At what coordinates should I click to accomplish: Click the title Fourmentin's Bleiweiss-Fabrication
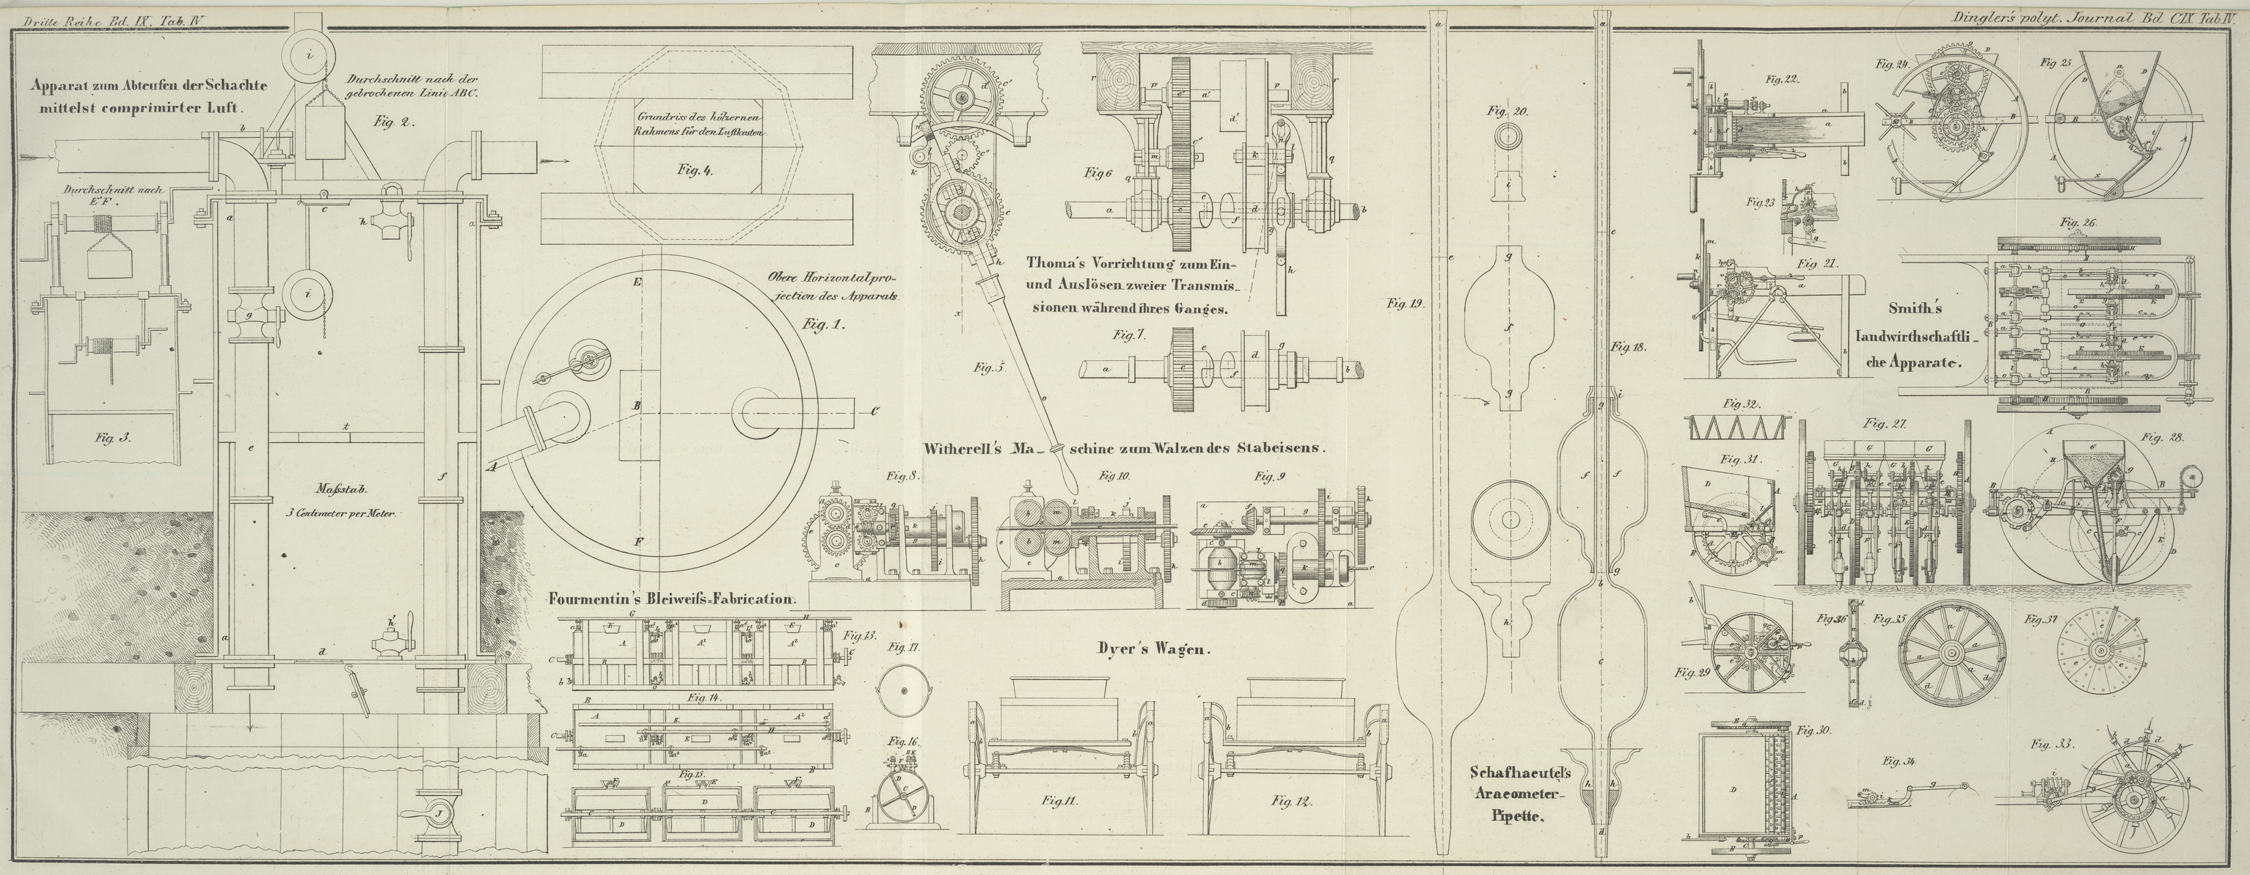click(671, 599)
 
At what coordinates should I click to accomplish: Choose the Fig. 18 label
click(1628, 347)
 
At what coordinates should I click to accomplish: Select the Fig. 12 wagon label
click(1293, 800)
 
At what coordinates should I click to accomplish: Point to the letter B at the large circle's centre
click(638, 406)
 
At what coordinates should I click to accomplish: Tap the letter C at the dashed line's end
click(874, 411)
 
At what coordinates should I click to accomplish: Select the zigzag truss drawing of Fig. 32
click(1733, 428)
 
